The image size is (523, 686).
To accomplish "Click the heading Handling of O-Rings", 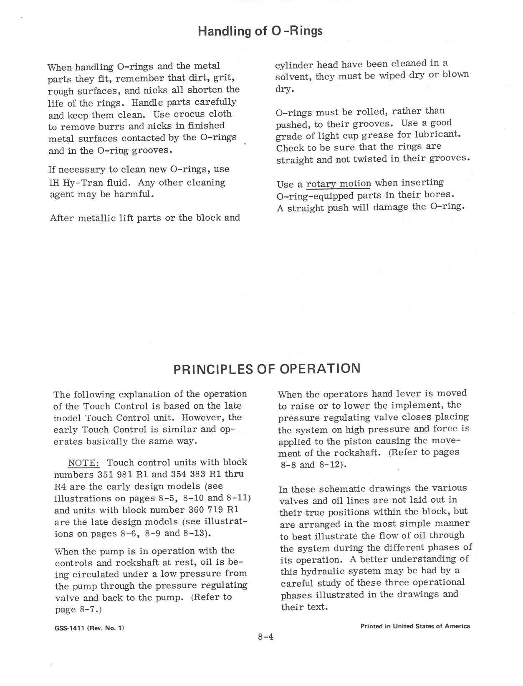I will tap(260, 31).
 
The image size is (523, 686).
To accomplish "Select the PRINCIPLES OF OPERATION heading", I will tap(267, 369).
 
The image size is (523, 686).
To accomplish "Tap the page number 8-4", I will tap(265, 637).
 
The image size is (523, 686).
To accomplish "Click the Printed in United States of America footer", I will tap(415, 626).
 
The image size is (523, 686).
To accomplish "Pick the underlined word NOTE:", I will tap(83, 463).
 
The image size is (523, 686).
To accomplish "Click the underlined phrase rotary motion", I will tap(339, 184).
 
